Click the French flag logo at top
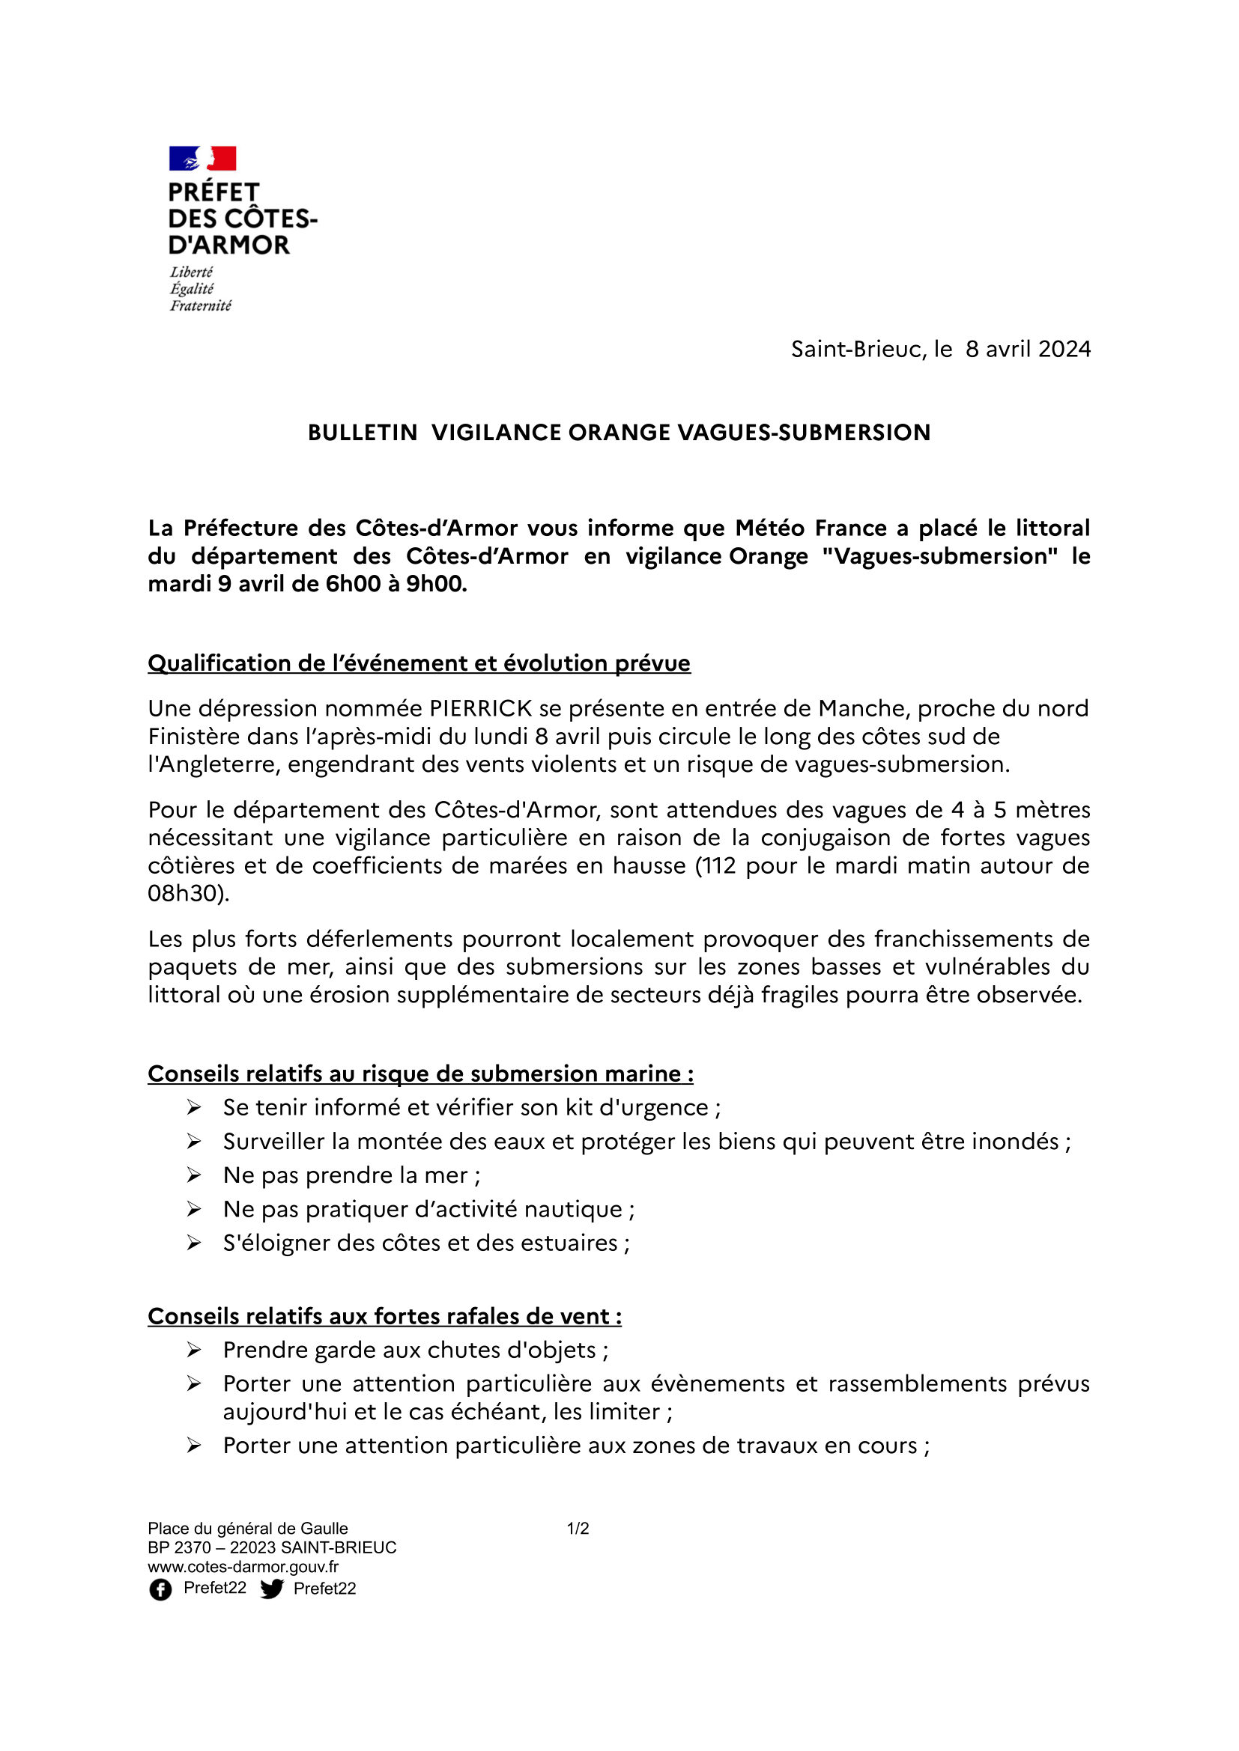click(202, 159)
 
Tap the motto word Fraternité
click(200, 306)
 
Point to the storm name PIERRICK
click(481, 708)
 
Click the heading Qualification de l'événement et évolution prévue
click(419, 663)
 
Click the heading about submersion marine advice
click(420, 1074)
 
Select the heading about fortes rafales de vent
click(384, 1316)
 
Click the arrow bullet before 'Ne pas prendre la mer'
click(194, 1175)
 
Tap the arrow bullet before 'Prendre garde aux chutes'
click(194, 1350)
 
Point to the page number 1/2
click(578, 1529)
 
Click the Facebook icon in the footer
click(160, 1589)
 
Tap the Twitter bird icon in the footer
click(272, 1589)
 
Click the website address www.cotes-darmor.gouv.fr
click(243, 1566)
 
